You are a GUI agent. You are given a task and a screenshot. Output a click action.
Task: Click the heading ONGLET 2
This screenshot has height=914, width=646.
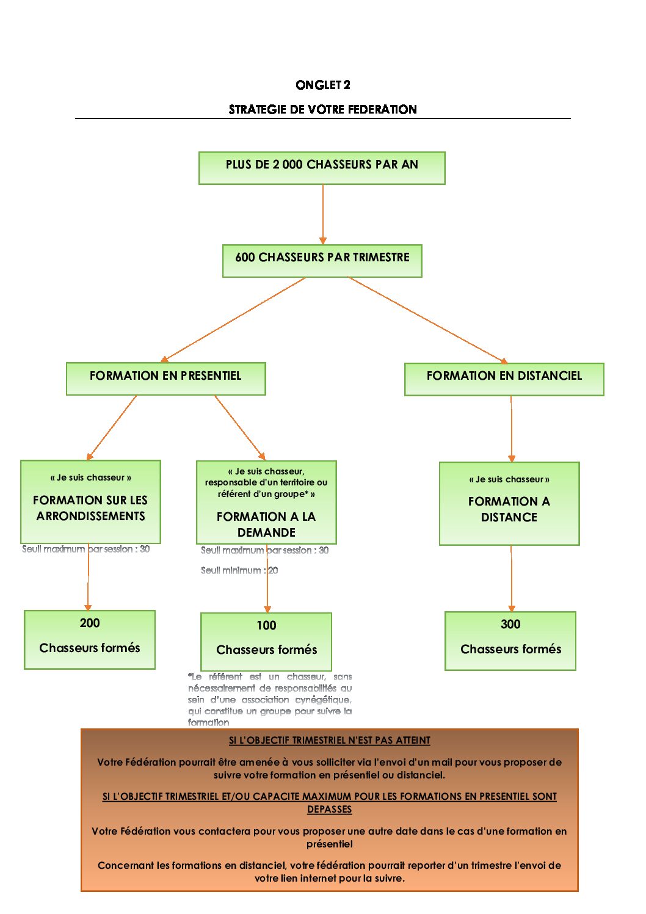click(x=322, y=85)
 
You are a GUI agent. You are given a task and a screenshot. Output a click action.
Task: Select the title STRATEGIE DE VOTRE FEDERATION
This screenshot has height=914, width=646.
click(x=322, y=109)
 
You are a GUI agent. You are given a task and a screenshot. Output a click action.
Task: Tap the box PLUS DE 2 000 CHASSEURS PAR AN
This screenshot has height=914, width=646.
click(x=322, y=168)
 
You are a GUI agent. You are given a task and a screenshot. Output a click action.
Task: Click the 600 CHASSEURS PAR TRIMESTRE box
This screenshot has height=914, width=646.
click(x=322, y=261)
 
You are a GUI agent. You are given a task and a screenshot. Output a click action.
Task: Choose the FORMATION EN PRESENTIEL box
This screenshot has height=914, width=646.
click(x=165, y=379)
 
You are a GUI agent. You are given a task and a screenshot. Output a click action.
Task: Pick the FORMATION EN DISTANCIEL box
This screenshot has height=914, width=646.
click(x=504, y=379)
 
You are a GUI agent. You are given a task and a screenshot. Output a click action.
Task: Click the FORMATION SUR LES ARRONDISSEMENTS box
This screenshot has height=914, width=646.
click(x=90, y=502)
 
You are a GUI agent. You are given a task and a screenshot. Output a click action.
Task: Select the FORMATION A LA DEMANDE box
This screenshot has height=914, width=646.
click(x=266, y=502)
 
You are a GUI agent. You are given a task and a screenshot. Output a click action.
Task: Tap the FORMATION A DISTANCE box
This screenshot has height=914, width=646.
click(x=509, y=504)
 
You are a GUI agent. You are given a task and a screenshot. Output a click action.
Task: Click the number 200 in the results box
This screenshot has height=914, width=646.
click(x=90, y=623)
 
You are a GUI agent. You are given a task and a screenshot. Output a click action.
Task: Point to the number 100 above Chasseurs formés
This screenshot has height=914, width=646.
click(x=266, y=625)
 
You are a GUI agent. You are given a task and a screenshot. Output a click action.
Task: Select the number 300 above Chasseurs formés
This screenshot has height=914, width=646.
click(x=510, y=624)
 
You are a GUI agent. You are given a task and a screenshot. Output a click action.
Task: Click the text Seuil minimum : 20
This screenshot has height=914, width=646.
click(x=239, y=570)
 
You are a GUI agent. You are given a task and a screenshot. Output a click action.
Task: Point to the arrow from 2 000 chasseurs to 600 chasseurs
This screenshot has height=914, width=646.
click(x=323, y=214)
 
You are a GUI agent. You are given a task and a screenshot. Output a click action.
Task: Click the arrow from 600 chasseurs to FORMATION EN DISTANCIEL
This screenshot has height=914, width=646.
click(x=427, y=320)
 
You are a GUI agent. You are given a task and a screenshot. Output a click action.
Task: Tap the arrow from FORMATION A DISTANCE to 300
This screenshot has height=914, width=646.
click(x=512, y=578)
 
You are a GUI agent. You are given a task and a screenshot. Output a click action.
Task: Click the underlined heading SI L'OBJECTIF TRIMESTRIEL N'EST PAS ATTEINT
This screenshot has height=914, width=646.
click(x=329, y=741)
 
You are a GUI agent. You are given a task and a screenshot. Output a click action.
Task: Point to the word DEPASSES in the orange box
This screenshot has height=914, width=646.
click(x=329, y=810)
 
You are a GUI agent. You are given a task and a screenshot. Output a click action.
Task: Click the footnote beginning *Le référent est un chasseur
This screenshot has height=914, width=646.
click(x=269, y=699)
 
